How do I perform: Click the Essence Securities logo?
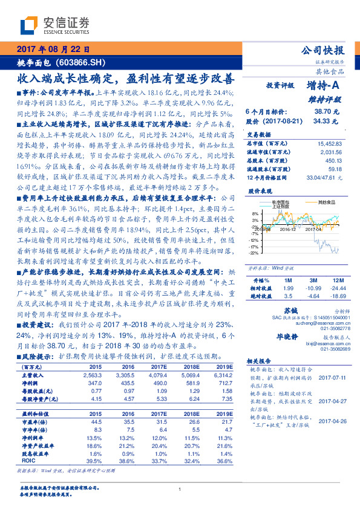click(55, 25)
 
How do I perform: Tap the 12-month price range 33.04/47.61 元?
click(325, 178)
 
